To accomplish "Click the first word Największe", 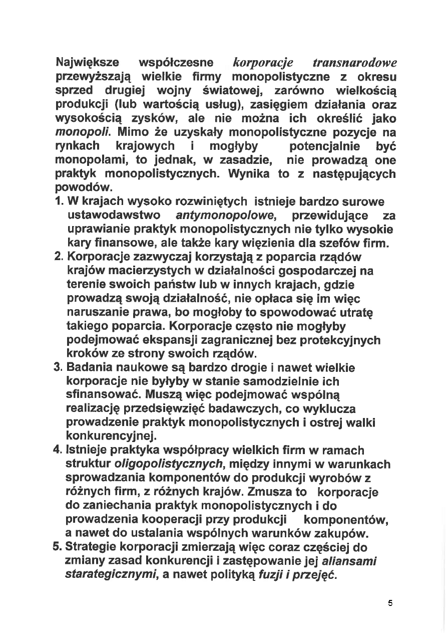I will click(x=88, y=63).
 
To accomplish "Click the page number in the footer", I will click(x=390, y=603).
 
